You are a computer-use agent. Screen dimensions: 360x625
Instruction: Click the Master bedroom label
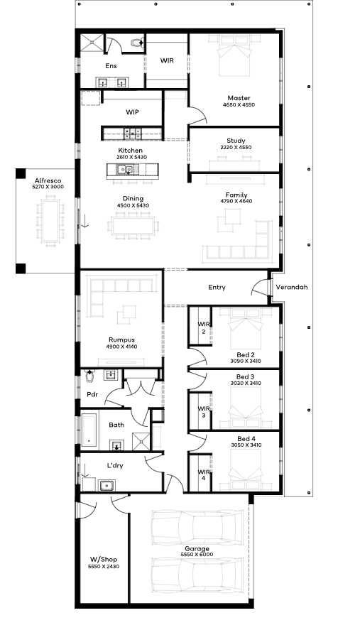(239, 98)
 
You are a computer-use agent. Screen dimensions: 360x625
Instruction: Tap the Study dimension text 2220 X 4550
(236, 147)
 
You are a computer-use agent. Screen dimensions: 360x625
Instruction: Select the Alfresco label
(48, 180)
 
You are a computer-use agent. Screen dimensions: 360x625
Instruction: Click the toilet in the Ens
(138, 42)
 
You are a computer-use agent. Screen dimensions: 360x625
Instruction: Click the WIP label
(132, 112)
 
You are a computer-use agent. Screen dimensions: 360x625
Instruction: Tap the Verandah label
(291, 287)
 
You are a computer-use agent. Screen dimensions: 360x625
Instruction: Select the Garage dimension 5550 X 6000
(197, 555)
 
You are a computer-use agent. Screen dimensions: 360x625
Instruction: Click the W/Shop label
(103, 559)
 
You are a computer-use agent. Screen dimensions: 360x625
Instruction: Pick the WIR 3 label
(204, 412)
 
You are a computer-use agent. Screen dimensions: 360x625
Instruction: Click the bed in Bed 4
(246, 469)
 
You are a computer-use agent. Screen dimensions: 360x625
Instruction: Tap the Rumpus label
(121, 339)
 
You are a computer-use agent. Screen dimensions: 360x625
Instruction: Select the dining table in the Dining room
(133, 226)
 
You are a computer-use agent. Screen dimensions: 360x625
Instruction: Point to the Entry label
(217, 287)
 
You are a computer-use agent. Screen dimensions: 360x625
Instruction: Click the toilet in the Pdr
(90, 376)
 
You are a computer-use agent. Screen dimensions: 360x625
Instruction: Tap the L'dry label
(114, 465)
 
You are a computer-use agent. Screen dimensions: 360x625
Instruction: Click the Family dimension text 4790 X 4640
(236, 201)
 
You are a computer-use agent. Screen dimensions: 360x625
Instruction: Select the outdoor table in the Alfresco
(50, 220)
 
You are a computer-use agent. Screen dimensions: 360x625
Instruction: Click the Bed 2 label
(246, 354)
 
